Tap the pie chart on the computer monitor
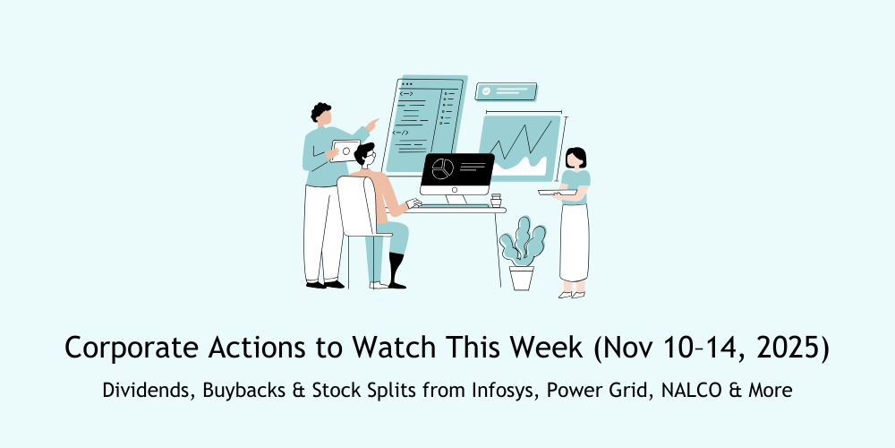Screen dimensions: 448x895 click(440, 168)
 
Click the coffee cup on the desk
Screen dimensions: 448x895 click(496, 200)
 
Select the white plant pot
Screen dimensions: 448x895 click(521, 277)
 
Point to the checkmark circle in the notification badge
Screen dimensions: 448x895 click(485, 91)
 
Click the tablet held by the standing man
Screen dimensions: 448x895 click(345, 150)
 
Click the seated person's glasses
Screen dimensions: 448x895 click(369, 159)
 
